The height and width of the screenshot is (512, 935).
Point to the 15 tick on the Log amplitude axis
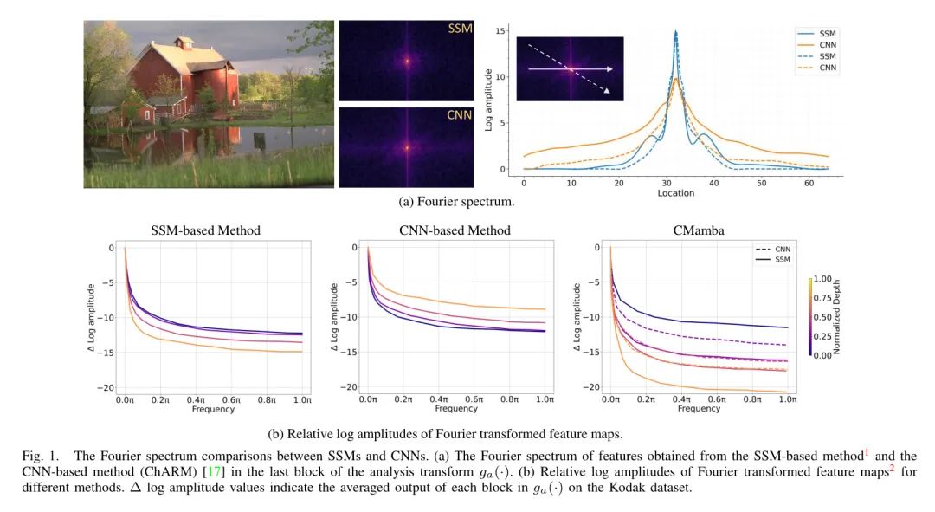click(x=500, y=30)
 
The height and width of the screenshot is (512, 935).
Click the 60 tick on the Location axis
click(x=805, y=184)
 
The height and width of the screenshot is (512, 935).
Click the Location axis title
click(x=675, y=193)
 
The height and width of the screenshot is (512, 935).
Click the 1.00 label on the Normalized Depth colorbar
click(x=825, y=281)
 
